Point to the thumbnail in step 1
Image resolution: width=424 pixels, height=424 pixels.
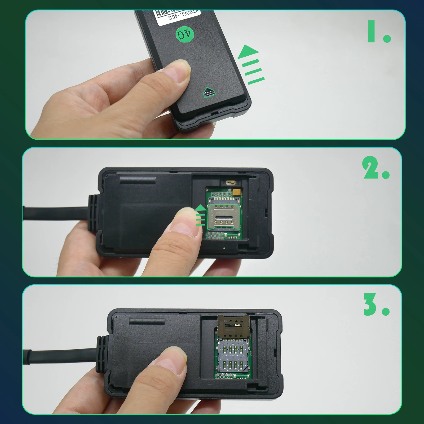click(180, 69)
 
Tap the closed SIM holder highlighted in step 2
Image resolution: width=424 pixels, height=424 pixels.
click(224, 216)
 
